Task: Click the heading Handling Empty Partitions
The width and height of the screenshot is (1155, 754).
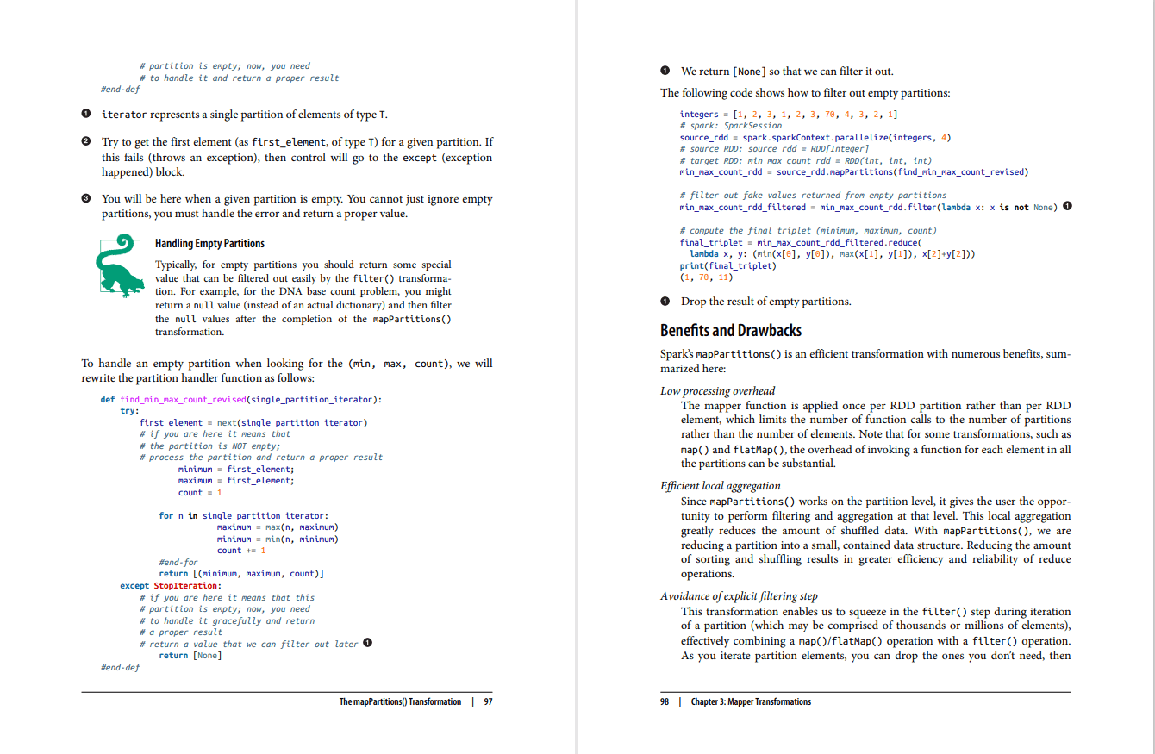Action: click(x=209, y=244)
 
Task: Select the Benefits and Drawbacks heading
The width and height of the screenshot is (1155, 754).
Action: click(x=730, y=330)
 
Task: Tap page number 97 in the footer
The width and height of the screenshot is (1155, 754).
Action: click(x=488, y=701)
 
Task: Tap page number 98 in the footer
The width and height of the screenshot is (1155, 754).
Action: click(x=665, y=701)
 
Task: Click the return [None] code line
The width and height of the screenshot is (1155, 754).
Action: click(x=190, y=656)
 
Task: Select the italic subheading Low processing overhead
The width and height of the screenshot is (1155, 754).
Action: click(x=717, y=390)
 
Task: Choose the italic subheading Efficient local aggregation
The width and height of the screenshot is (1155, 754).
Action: click(x=720, y=486)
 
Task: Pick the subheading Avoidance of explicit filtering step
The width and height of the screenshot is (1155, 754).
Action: click(x=739, y=596)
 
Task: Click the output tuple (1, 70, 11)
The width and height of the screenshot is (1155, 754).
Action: click(x=705, y=277)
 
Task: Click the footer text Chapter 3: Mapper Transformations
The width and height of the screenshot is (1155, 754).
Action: click(x=751, y=701)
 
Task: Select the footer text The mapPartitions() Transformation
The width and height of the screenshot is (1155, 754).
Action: click(x=400, y=701)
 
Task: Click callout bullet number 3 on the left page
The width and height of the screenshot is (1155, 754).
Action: click(x=85, y=199)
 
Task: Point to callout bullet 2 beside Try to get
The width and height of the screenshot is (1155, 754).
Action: click(x=85, y=141)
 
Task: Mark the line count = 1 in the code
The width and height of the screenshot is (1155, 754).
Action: click(x=200, y=493)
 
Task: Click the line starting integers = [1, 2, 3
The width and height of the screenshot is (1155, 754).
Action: click(x=789, y=115)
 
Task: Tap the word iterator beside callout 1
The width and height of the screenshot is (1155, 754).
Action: click(x=124, y=115)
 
